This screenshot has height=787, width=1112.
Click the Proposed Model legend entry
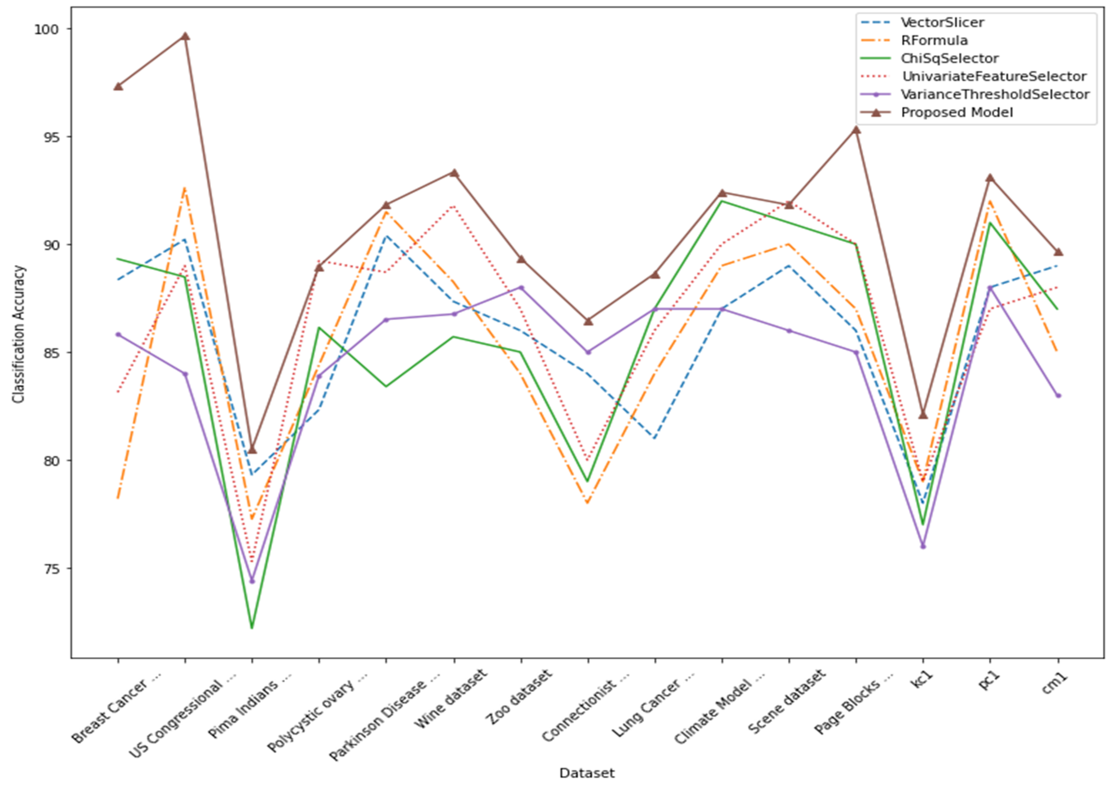click(x=956, y=112)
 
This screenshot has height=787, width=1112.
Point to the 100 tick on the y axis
click(x=45, y=29)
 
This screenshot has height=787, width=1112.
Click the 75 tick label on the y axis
click(x=49, y=569)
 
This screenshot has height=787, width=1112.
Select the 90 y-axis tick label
click(x=49, y=245)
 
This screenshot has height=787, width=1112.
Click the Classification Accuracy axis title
click(x=18, y=334)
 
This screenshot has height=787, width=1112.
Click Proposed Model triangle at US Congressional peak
click(x=185, y=36)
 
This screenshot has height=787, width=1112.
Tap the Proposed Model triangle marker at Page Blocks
click(x=856, y=130)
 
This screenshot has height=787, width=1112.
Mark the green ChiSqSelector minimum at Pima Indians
click(x=251, y=628)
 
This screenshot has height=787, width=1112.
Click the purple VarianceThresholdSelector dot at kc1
click(x=923, y=546)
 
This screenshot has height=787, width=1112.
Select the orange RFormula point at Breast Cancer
click(x=118, y=498)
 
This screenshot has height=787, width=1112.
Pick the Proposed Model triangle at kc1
click(x=923, y=415)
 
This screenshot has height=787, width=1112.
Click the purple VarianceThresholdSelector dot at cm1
click(x=1058, y=396)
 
